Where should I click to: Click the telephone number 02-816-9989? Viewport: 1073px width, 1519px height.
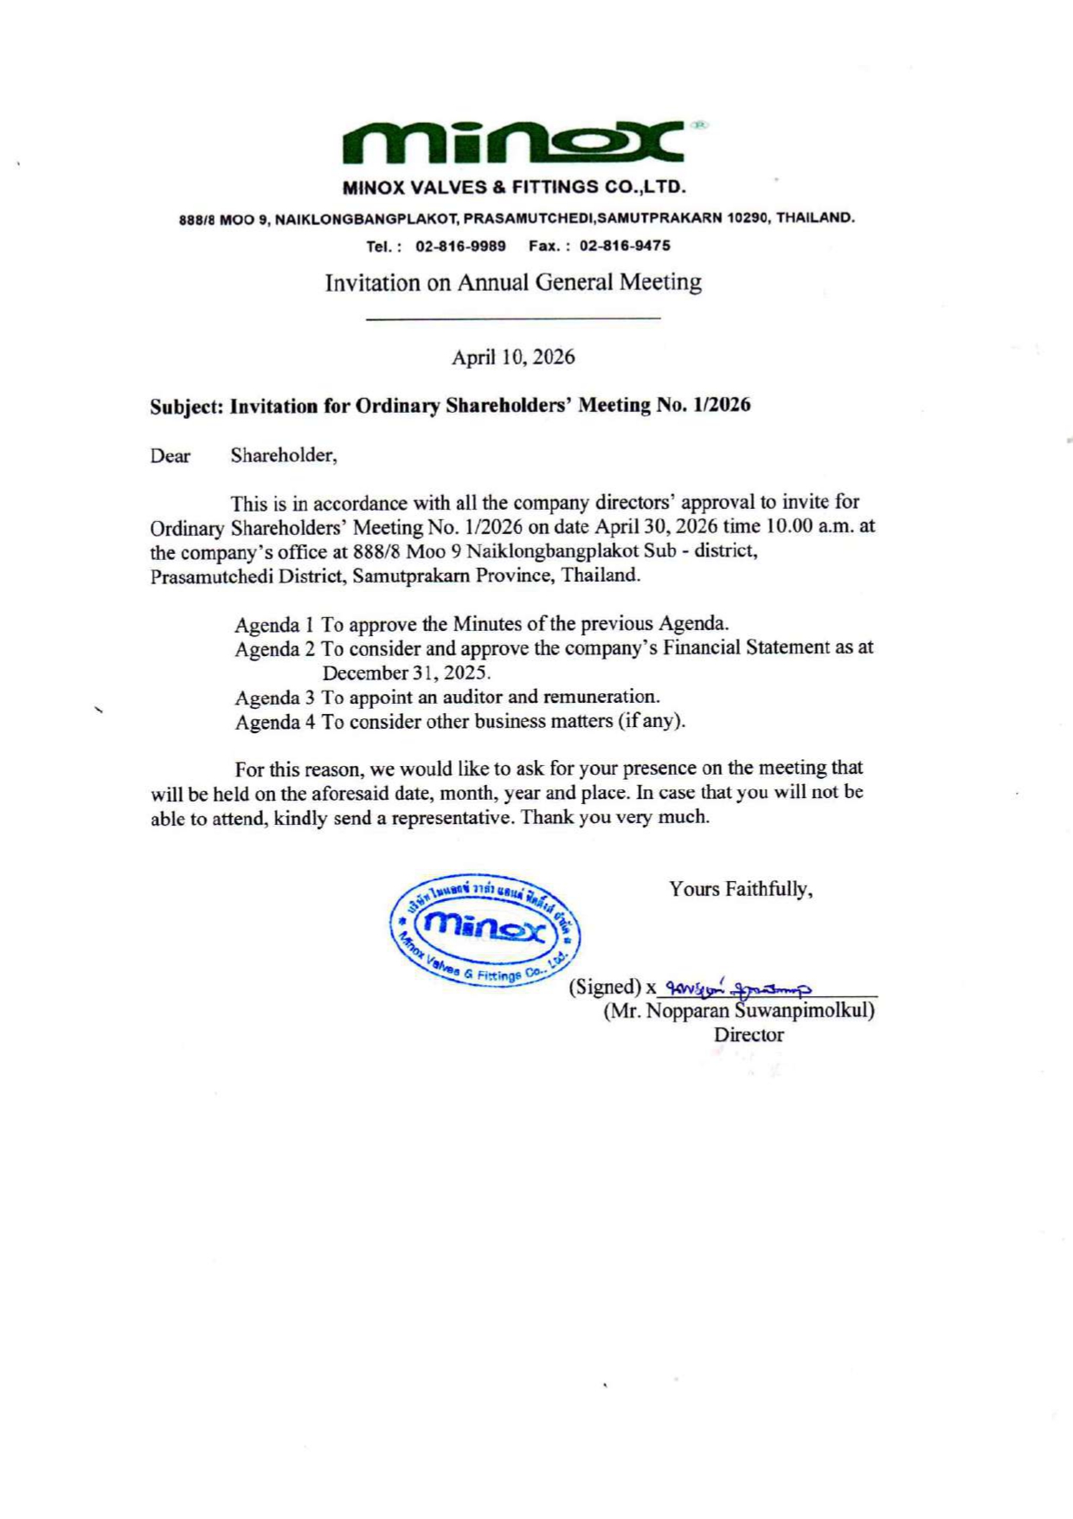[x=460, y=246]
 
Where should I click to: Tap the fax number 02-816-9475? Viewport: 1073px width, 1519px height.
[x=625, y=246]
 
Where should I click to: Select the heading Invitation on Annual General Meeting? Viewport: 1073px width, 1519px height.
[x=513, y=282]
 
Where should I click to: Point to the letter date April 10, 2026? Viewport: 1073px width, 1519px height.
[x=513, y=357]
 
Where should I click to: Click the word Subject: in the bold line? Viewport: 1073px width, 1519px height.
[x=186, y=406]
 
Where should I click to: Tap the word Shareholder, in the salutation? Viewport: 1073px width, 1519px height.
[x=283, y=456]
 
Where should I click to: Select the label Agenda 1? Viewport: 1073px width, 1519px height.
[x=274, y=624]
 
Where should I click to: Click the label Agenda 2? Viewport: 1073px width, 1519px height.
[x=274, y=649]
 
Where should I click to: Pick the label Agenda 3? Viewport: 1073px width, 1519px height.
[x=274, y=698]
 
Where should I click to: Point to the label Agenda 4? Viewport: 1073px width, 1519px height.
[x=274, y=723]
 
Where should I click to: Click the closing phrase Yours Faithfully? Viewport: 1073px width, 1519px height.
[x=741, y=890]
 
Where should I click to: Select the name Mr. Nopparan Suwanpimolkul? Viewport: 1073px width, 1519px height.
[x=739, y=1011]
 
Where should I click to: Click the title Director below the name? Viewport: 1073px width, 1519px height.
[x=749, y=1035]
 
